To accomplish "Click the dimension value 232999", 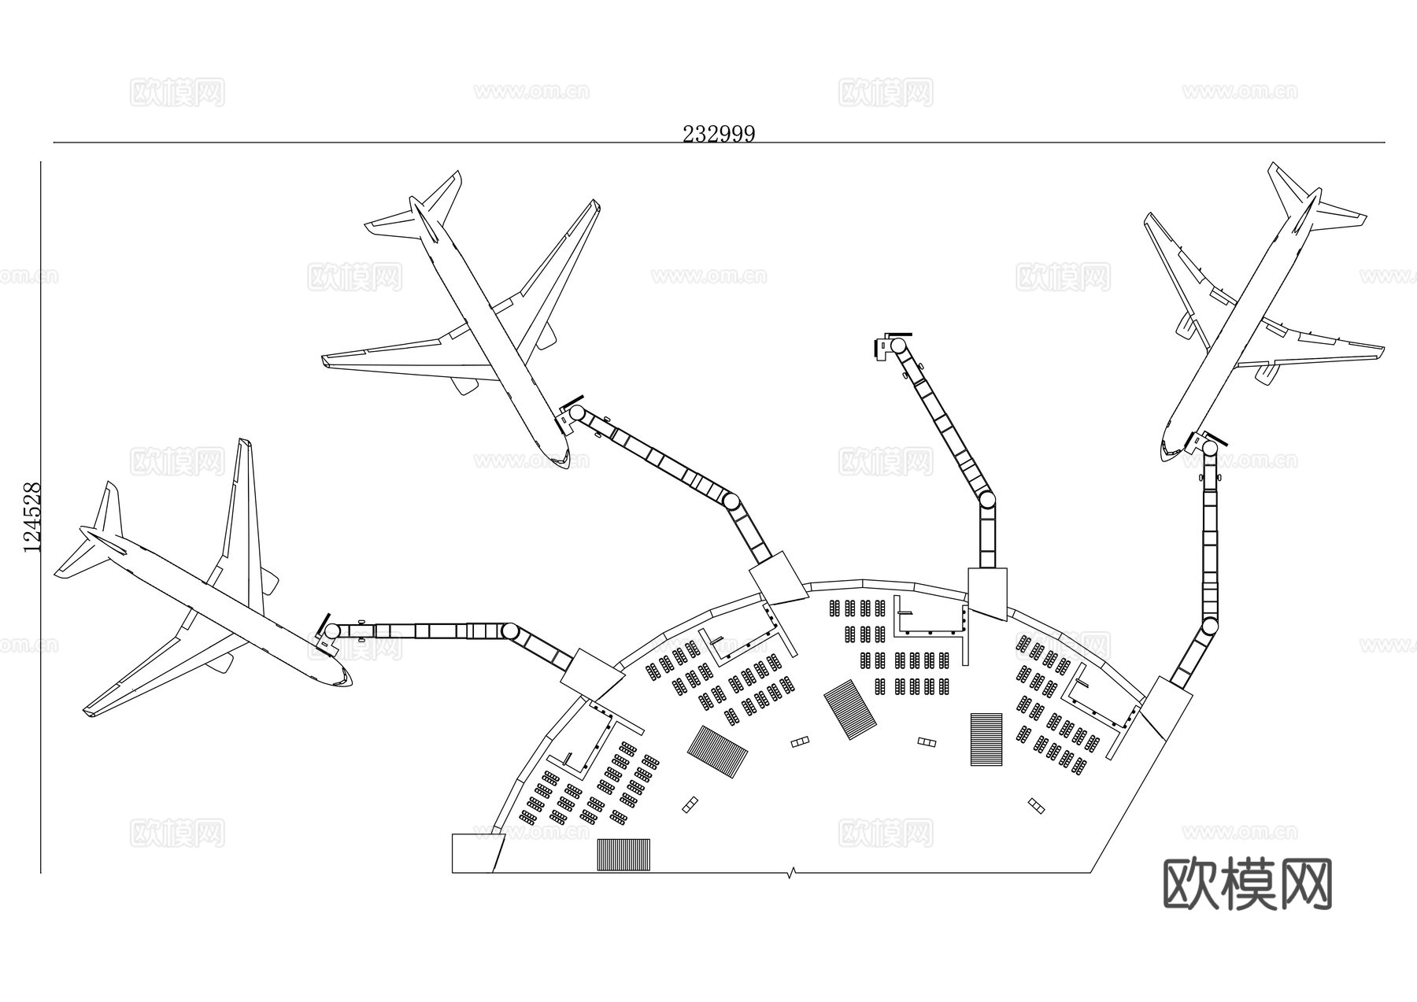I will [718, 134].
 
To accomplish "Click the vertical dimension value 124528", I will [32, 517].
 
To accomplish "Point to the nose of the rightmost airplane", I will [1165, 454].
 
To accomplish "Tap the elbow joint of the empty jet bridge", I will [986, 500].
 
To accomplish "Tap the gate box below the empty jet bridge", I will [987, 592].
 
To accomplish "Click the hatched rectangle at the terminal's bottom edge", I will [623, 854].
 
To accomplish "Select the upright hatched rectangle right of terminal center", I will [986, 738].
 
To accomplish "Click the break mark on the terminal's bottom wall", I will [792, 872].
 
